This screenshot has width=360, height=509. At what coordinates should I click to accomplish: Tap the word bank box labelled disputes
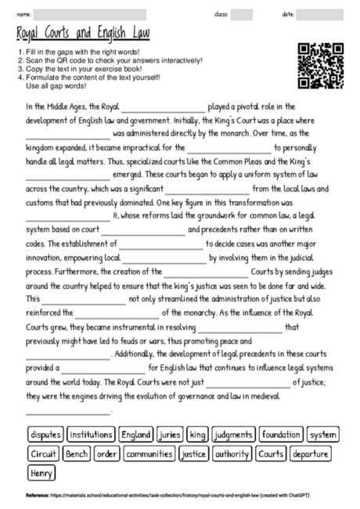[x=45, y=434]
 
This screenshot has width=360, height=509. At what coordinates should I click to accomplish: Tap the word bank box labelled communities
[x=149, y=453]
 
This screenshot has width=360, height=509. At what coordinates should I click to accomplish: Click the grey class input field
[x=242, y=14]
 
